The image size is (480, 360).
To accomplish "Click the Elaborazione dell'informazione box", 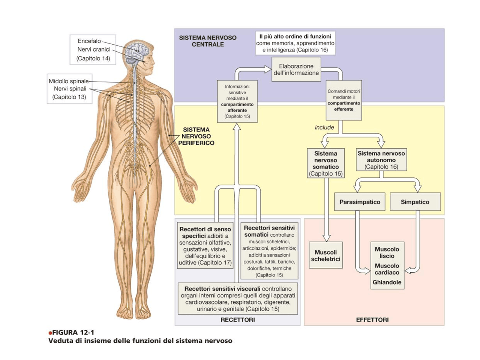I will tap(296, 69).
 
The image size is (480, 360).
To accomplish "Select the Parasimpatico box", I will tap(360, 202).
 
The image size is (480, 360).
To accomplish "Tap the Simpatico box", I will tap(415, 202).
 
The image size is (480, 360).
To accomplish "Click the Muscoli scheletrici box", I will tap(325, 255).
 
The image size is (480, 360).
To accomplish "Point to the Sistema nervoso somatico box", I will tap(325, 163).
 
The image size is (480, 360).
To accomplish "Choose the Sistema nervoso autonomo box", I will tap(381, 160).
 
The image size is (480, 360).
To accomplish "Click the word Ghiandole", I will tap(387, 282).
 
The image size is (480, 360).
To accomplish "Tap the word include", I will tap(324, 127).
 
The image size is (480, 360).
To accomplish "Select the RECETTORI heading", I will tap(238, 320).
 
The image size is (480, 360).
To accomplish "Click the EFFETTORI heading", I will tap(372, 320).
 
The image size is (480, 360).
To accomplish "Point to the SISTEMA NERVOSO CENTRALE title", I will tap(208, 41).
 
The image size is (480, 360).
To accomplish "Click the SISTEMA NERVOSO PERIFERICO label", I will tap(196, 136).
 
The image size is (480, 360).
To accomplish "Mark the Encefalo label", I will tap(89, 41).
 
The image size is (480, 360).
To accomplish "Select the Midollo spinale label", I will tap(69, 81).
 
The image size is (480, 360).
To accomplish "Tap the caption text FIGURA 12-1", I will tap(73, 333).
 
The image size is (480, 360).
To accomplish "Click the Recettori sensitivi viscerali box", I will tap(238, 299).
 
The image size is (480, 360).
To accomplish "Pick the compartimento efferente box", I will tap(343, 100).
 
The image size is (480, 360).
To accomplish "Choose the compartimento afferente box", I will tap(237, 101).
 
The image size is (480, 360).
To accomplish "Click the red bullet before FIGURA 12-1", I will tap(50, 333).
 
